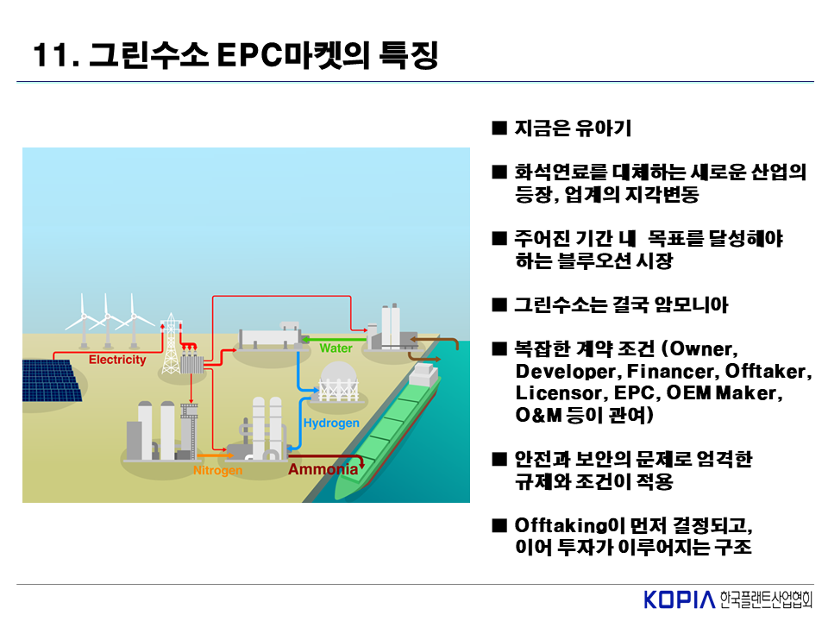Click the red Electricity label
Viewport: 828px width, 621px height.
click(118, 360)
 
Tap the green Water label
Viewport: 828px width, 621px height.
click(336, 348)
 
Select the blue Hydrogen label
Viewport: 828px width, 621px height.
click(331, 423)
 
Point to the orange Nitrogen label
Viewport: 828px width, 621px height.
click(217, 471)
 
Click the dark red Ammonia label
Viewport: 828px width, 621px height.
click(323, 470)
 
